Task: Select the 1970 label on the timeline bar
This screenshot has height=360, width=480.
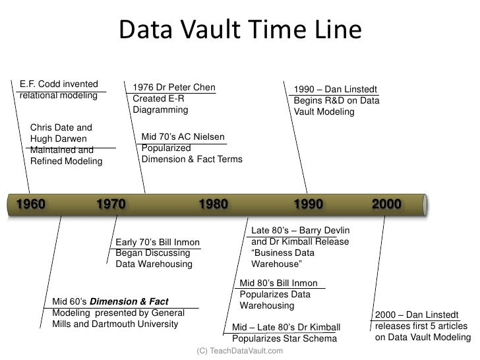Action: (111, 204)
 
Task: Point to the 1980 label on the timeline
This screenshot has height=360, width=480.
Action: (213, 204)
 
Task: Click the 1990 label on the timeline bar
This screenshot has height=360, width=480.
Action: (308, 204)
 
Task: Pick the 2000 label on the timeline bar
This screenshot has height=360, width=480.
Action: (386, 204)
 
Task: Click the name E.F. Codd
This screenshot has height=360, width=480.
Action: (40, 84)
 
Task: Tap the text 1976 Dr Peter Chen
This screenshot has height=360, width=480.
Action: (174, 88)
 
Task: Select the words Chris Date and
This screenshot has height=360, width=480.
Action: (61, 127)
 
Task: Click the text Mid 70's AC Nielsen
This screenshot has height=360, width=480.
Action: (183, 137)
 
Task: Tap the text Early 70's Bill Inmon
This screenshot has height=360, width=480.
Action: (157, 242)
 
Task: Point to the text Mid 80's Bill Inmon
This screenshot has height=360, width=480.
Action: (278, 284)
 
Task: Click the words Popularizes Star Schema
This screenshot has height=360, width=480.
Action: (284, 339)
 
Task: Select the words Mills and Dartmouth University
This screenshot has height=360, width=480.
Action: (115, 324)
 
